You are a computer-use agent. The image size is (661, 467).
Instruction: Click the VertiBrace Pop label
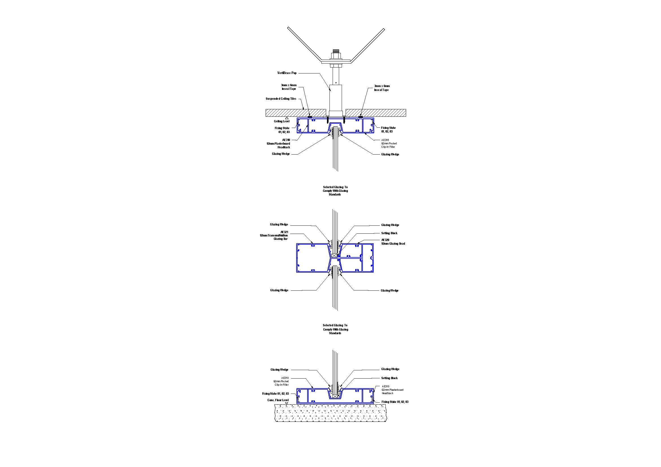(287, 73)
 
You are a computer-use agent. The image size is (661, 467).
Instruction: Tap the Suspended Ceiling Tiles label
(281, 99)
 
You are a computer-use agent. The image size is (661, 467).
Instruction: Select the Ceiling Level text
(281, 121)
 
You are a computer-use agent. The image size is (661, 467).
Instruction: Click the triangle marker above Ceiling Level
(287, 118)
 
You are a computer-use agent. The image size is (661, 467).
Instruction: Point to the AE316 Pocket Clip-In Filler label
(389, 143)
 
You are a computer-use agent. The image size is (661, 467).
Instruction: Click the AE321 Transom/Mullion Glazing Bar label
(274, 235)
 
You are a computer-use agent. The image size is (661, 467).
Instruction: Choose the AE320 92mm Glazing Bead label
(393, 242)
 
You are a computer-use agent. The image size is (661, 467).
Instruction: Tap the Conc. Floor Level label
(278, 400)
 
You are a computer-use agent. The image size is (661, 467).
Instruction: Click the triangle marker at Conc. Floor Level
(287, 403)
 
